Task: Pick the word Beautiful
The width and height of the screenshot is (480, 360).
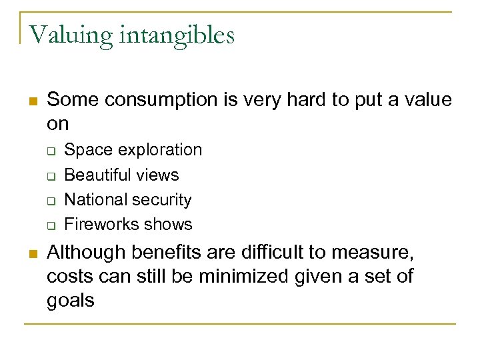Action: click(x=93, y=175)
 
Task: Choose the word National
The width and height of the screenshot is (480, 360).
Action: click(x=93, y=199)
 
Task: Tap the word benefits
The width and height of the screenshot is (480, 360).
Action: click(x=161, y=253)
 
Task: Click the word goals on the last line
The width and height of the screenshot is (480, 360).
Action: click(x=71, y=299)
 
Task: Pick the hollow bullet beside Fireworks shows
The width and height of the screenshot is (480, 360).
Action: click(x=50, y=225)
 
